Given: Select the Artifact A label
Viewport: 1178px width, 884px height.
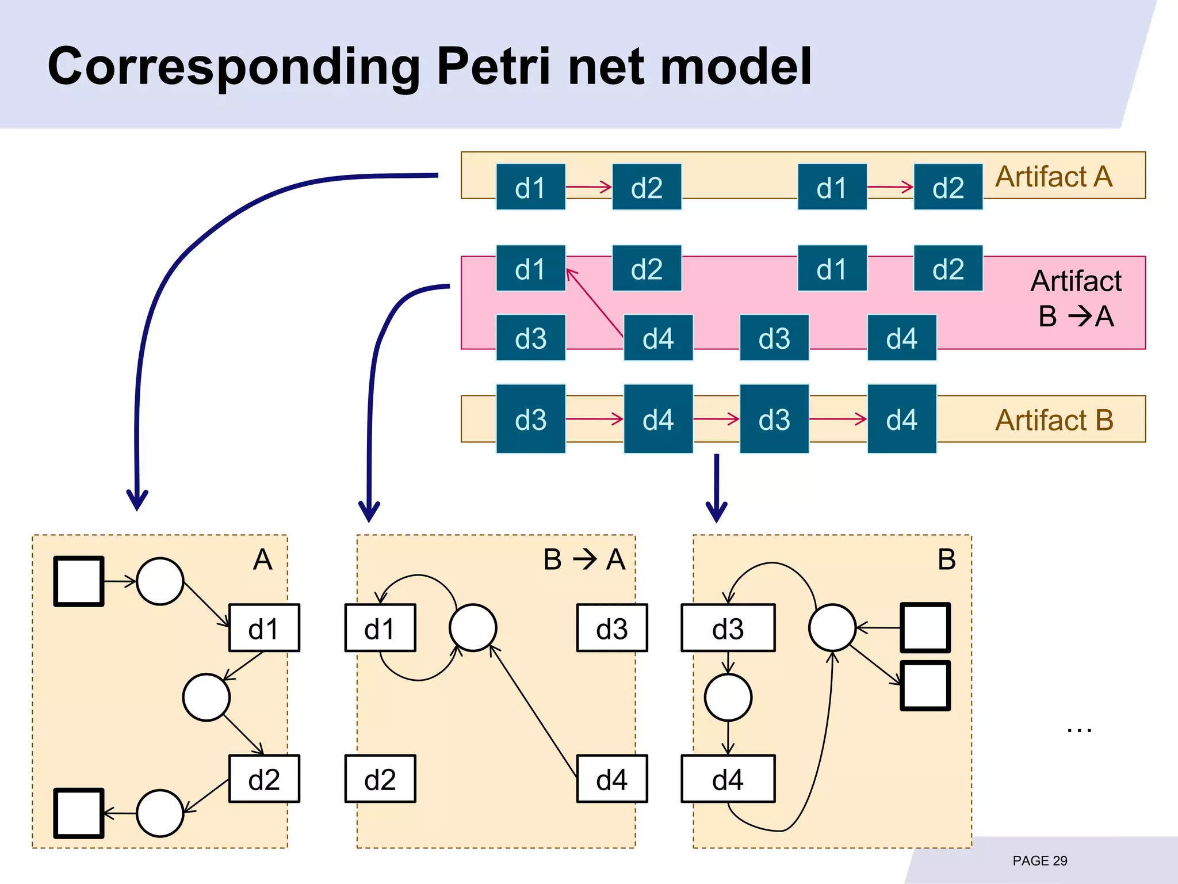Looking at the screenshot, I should tap(1054, 177).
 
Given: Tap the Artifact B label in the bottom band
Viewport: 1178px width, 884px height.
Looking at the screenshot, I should tap(1054, 420).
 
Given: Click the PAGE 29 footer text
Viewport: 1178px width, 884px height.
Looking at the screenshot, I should tap(1039, 860).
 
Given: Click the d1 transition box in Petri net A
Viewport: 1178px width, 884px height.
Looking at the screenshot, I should tap(264, 628).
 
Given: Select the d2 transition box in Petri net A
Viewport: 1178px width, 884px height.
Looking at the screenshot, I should tap(264, 779).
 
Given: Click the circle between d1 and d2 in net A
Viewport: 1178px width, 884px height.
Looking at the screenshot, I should tap(206, 698).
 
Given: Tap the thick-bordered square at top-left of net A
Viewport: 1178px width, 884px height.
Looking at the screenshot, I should tap(79, 581).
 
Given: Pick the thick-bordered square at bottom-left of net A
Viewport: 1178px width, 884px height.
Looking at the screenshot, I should tap(79, 813).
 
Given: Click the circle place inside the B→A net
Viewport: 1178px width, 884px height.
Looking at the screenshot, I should tap(473, 628).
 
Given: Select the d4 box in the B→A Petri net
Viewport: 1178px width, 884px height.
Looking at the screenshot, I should tap(611, 779).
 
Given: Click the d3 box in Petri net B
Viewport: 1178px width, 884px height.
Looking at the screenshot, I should tap(728, 628).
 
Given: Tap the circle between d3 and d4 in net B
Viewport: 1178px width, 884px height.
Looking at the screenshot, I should tap(728, 698).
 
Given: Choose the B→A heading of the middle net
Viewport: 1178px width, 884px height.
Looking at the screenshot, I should tap(584, 559).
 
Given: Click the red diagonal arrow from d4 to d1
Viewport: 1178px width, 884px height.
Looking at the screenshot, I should tap(595, 303).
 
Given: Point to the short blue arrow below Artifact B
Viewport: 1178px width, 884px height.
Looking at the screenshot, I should tap(717, 486).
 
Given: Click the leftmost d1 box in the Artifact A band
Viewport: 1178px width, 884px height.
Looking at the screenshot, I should tap(530, 187).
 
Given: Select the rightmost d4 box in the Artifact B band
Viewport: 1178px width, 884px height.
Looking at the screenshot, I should tap(901, 419).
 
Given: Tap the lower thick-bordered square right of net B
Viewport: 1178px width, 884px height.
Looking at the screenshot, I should tap(924, 685).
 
